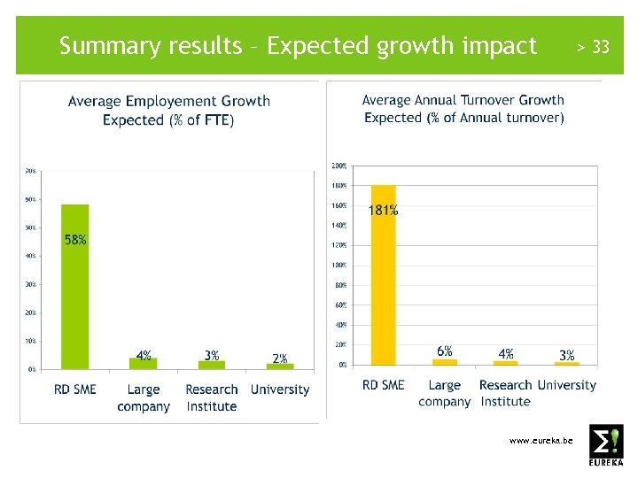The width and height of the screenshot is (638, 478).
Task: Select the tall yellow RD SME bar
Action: tap(383, 274)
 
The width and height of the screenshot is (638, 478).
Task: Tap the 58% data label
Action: tap(75, 240)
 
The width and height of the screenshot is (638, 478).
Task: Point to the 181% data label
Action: tap(383, 211)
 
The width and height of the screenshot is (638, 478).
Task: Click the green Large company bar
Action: tap(143, 363)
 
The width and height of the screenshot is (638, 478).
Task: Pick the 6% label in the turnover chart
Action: tap(445, 351)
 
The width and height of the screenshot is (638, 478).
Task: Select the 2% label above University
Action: tap(280, 358)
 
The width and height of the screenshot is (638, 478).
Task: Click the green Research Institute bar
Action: tap(212, 365)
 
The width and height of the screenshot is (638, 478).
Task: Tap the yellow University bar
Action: tap(566, 363)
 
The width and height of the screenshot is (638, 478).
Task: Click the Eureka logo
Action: tap(606, 444)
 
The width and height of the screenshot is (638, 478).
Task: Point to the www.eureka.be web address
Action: tap(541, 440)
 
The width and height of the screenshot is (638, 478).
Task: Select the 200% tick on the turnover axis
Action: tap(338, 166)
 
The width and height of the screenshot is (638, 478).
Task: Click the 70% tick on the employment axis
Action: tap(30, 170)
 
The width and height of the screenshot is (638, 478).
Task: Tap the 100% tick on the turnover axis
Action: tap(338, 265)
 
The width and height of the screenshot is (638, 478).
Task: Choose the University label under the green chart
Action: tap(280, 389)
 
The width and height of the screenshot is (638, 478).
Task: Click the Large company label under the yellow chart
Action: tap(444, 393)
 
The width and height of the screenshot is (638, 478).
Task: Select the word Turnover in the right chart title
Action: tap(482, 100)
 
